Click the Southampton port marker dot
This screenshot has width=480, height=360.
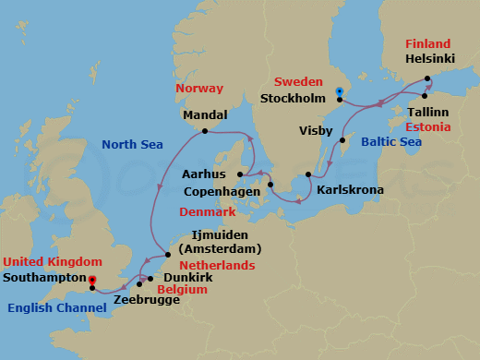click(x=92, y=287)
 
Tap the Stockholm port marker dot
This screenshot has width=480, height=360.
click(x=340, y=100)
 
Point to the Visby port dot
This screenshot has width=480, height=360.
click(x=343, y=140)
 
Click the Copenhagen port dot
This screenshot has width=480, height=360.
click(x=270, y=185)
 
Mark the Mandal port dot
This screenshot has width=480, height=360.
click(x=204, y=131)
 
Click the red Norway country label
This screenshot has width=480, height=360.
click(x=198, y=89)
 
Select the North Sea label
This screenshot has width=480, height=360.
click(x=133, y=144)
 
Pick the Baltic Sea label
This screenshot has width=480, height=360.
click(x=390, y=141)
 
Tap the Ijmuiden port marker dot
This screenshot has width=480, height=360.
click(x=167, y=255)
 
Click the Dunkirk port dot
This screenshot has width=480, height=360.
click(x=150, y=278)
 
